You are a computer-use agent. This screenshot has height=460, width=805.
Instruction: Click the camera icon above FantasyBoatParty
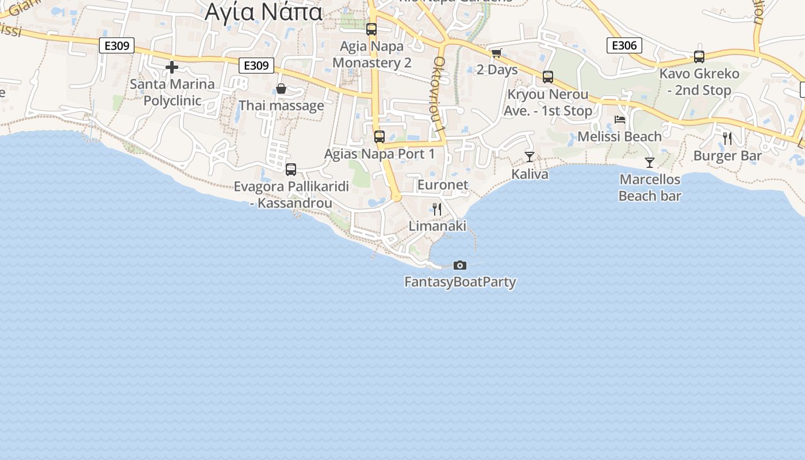[x=460, y=265]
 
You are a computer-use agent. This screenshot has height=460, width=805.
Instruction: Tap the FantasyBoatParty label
[x=460, y=282]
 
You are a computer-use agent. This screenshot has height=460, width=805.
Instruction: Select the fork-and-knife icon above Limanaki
[x=438, y=209]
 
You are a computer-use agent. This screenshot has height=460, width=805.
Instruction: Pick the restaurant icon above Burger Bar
[x=727, y=139]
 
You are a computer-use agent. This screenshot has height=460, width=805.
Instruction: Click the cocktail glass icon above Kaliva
[x=530, y=157]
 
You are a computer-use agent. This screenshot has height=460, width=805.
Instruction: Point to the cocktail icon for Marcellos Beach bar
[x=650, y=163]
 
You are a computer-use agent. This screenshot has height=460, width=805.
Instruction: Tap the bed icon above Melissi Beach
[x=620, y=120]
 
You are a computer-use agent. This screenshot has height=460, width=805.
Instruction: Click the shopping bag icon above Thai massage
[x=281, y=89]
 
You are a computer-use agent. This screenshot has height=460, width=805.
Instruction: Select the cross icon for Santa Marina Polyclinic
[x=172, y=67]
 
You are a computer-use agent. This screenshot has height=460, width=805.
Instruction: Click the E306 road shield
[x=624, y=45]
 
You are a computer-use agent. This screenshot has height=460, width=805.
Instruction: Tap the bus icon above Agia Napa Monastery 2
[x=371, y=29]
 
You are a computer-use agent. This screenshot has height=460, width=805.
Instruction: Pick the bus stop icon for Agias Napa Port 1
[x=379, y=137]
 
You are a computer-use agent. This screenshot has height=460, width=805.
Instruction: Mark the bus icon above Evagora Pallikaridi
[x=291, y=170]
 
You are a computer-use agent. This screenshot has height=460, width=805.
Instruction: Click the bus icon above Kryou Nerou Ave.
[x=548, y=77]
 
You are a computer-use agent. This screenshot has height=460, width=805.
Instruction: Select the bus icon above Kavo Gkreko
[x=699, y=57]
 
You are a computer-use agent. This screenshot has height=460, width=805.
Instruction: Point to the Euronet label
[x=443, y=185]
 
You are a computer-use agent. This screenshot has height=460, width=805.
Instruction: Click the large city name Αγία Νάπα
[x=264, y=11]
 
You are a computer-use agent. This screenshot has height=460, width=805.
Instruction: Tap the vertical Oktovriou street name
[x=440, y=95]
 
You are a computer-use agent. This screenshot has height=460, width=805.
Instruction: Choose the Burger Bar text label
[x=727, y=156]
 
